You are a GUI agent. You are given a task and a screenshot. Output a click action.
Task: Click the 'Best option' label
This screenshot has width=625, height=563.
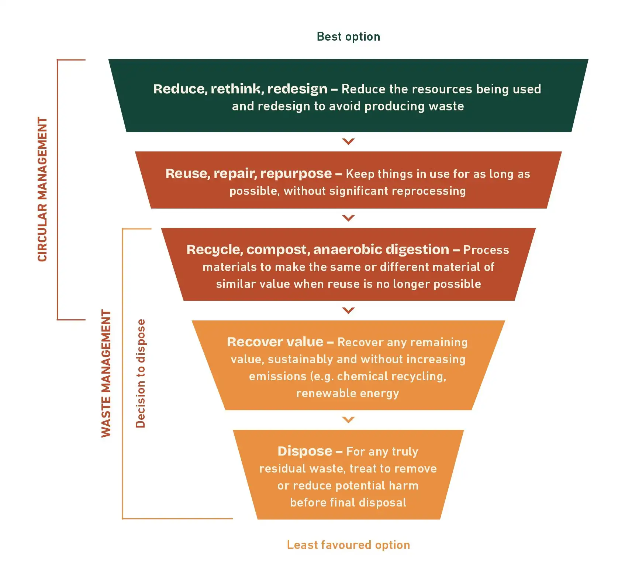pyautogui.click(x=348, y=37)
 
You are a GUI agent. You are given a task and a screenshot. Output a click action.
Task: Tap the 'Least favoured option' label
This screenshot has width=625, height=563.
pyautogui.click(x=348, y=545)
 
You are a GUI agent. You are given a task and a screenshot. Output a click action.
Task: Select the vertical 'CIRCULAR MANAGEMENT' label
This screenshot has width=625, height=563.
pyautogui.click(x=43, y=189)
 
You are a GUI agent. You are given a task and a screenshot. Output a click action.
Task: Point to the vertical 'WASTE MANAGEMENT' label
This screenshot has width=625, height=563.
pyautogui.click(x=106, y=373)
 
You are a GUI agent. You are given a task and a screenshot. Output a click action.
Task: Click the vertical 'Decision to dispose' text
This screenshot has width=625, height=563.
pyautogui.click(x=141, y=373)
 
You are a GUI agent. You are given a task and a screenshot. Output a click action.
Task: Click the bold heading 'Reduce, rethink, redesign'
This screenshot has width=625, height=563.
pyautogui.click(x=240, y=89)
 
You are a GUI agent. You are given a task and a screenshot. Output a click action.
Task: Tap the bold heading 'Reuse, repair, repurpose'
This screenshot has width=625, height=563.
pyautogui.click(x=249, y=174)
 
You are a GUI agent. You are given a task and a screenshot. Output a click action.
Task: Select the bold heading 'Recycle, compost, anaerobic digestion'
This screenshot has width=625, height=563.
pyautogui.click(x=318, y=250)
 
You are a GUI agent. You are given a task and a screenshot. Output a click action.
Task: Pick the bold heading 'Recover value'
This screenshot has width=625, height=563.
pyautogui.click(x=275, y=342)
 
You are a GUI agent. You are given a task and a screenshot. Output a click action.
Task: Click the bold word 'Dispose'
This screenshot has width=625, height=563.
pyautogui.click(x=305, y=451)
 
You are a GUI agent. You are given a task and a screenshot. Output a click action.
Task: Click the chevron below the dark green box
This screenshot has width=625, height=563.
pyautogui.click(x=348, y=141)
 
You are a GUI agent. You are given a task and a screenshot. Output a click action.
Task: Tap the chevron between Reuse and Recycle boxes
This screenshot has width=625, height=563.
pyautogui.click(x=348, y=218)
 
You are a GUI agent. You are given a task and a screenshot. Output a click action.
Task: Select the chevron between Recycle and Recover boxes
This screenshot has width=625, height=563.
pyautogui.click(x=348, y=310)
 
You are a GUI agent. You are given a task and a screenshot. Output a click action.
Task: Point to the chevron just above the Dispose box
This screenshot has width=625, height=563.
pyautogui.click(x=348, y=419)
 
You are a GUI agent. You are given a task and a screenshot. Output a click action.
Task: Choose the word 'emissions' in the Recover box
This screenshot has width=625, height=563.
pyautogui.click(x=277, y=376)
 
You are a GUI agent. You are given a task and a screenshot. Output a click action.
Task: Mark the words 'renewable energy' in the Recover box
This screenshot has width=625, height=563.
pyautogui.click(x=348, y=393)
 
